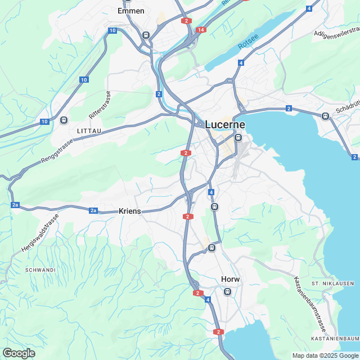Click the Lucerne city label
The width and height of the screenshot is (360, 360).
click(x=225, y=124)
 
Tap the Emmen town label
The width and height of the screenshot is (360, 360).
click(x=131, y=11)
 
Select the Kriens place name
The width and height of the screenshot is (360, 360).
click(x=130, y=211)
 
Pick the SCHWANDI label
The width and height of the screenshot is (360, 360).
click(x=40, y=270)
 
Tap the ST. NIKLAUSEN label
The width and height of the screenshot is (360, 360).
click(x=332, y=283)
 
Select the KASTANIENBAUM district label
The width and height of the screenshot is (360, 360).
click(x=335, y=339)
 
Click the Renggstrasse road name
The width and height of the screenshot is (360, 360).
click(x=57, y=153)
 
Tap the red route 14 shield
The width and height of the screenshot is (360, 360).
click(x=201, y=29)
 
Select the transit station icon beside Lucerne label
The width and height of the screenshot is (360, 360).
click(x=238, y=137)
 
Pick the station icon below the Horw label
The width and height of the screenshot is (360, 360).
click(x=227, y=291)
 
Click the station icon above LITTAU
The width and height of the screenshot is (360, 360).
click(x=64, y=120)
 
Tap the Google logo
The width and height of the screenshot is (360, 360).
click(x=19, y=353)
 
